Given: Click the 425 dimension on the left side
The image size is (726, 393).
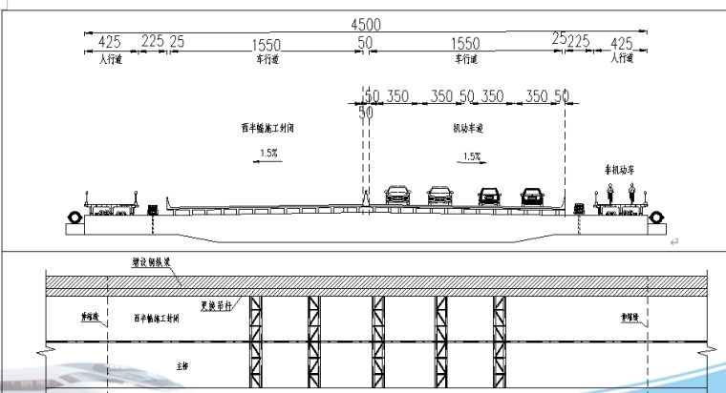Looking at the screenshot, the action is click(x=109, y=43).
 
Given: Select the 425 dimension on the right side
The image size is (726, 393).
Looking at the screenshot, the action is click(x=621, y=43).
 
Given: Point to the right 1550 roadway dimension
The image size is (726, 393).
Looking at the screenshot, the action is click(x=465, y=45).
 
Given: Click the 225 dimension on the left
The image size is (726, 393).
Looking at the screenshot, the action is click(x=153, y=43).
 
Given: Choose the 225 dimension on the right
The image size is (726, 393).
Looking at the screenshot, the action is click(x=578, y=43).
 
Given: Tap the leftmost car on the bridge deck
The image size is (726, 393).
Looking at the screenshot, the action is click(x=395, y=196).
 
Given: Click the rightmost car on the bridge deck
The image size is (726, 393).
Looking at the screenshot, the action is click(x=532, y=196).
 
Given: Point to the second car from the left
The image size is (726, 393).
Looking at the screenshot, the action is click(x=439, y=196).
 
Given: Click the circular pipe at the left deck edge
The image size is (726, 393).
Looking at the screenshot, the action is click(x=74, y=217).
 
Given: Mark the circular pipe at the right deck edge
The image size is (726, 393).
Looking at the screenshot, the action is click(x=657, y=217).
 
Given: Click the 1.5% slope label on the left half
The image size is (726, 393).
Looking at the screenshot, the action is click(x=268, y=152).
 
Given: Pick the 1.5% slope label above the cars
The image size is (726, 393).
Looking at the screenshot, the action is click(x=471, y=155).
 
